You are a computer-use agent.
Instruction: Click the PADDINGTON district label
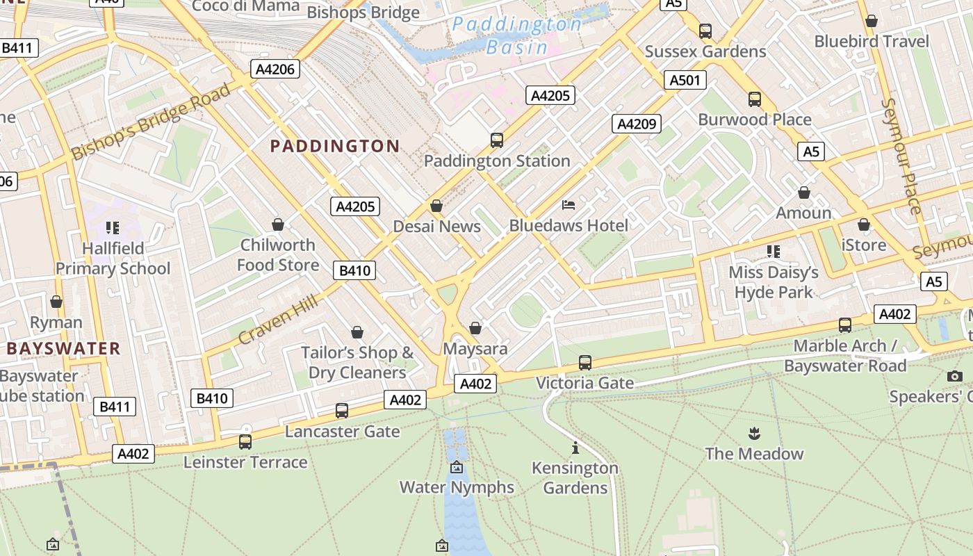[334, 146]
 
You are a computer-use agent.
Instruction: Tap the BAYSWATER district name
[64, 348]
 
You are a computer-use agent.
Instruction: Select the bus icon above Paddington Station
[497, 140]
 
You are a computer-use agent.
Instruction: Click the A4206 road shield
[275, 69]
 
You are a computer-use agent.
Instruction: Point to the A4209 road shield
[636, 124]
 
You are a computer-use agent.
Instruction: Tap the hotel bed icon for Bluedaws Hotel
[569, 205]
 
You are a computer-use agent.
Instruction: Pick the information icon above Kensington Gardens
[575, 448]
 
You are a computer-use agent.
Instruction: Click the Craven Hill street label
[278, 320]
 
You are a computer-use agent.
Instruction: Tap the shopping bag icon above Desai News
[436, 206]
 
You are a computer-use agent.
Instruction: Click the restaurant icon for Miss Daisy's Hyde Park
[774, 251]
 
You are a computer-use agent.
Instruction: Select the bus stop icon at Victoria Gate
[585, 363]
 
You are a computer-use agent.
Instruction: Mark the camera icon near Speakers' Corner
[955, 376]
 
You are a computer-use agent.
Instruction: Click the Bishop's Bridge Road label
[151, 122]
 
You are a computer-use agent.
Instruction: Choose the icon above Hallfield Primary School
[113, 228]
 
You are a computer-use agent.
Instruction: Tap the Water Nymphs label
[457, 487]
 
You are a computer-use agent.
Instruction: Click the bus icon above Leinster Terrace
[245, 442]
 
